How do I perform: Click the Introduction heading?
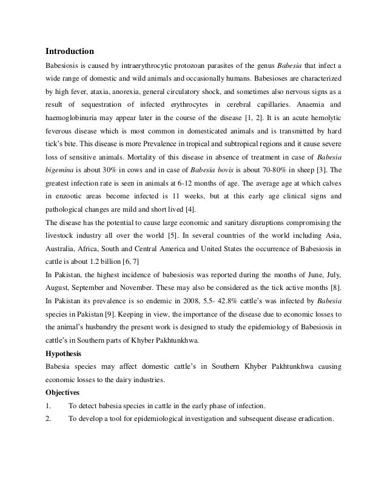coord(70,50)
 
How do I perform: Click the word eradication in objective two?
coord(314,419)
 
